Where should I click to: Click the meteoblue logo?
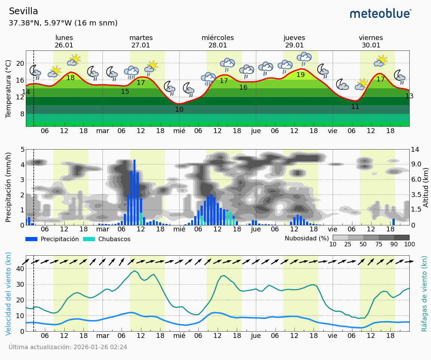point(380,14)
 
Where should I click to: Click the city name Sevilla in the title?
point(23,11)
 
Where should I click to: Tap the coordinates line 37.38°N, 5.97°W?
point(63,23)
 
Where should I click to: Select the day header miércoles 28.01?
point(218,41)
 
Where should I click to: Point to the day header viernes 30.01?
point(371,41)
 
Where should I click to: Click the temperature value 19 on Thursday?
point(300,75)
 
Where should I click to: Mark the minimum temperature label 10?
point(179,110)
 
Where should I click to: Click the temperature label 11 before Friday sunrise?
point(355,107)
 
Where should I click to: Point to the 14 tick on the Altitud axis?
point(415,150)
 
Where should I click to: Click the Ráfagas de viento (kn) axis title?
point(424,293)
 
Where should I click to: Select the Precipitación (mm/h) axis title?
point(8,187)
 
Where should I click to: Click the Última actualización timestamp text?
point(68,347)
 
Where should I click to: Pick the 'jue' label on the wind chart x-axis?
point(256,335)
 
